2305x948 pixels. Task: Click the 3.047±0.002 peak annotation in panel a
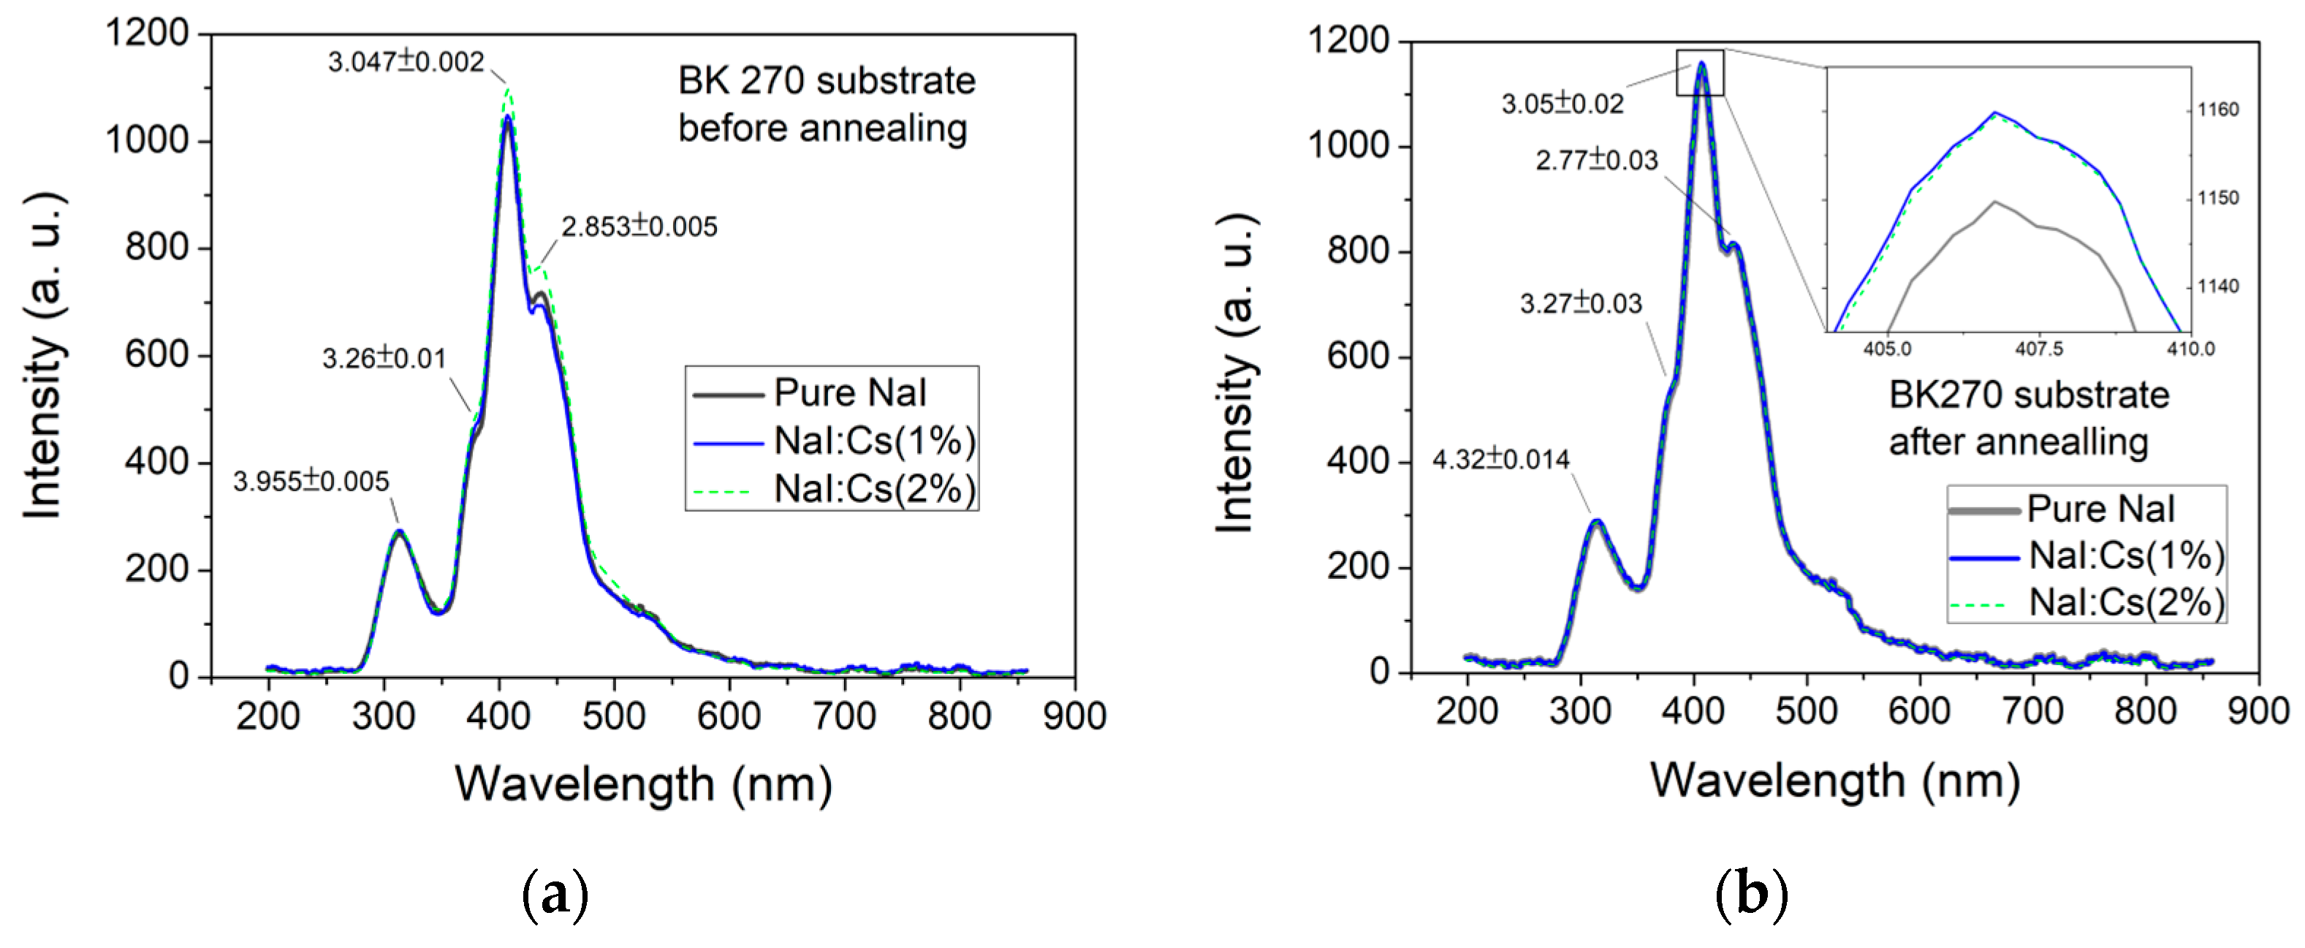tap(406, 62)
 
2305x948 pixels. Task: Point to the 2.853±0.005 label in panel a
tap(639, 227)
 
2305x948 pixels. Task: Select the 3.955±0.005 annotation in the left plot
tap(311, 482)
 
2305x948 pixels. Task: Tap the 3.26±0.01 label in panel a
tap(384, 359)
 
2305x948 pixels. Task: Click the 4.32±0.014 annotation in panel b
tap(1500, 460)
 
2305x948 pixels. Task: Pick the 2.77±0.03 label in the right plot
tap(1596, 161)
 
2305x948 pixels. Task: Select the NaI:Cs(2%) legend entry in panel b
tap(2125, 602)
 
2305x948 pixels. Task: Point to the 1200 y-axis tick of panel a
tap(148, 34)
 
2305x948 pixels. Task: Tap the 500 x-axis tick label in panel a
tap(614, 716)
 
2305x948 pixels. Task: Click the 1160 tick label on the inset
tap(2218, 110)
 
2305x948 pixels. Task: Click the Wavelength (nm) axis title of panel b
tap(1834, 781)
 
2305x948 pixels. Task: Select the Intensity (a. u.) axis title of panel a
tap(43, 354)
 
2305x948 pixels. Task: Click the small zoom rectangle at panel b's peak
tap(1699, 72)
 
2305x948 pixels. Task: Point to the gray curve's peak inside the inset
tap(1994, 202)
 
